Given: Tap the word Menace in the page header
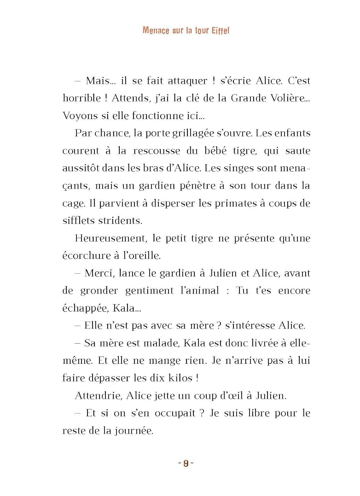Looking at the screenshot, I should pyautogui.click(x=156, y=30).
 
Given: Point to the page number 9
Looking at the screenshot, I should pyautogui.click(x=186, y=463).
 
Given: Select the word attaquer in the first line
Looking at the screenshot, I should pyautogui.click(x=188, y=81).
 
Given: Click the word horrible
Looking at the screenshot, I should pyautogui.click(x=82, y=98).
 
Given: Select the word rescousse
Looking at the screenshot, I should pyautogui.click(x=157, y=151).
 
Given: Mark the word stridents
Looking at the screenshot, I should pyautogui.click(x=122, y=221).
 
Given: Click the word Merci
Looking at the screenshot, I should pyautogui.click(x=99, y=273).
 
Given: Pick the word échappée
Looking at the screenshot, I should pyautogui.click(x=85, y=309).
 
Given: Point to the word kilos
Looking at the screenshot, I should pyautogui.click(x=180, y=378).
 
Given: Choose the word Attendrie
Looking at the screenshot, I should pyautogui.click(x=98, y=396).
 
